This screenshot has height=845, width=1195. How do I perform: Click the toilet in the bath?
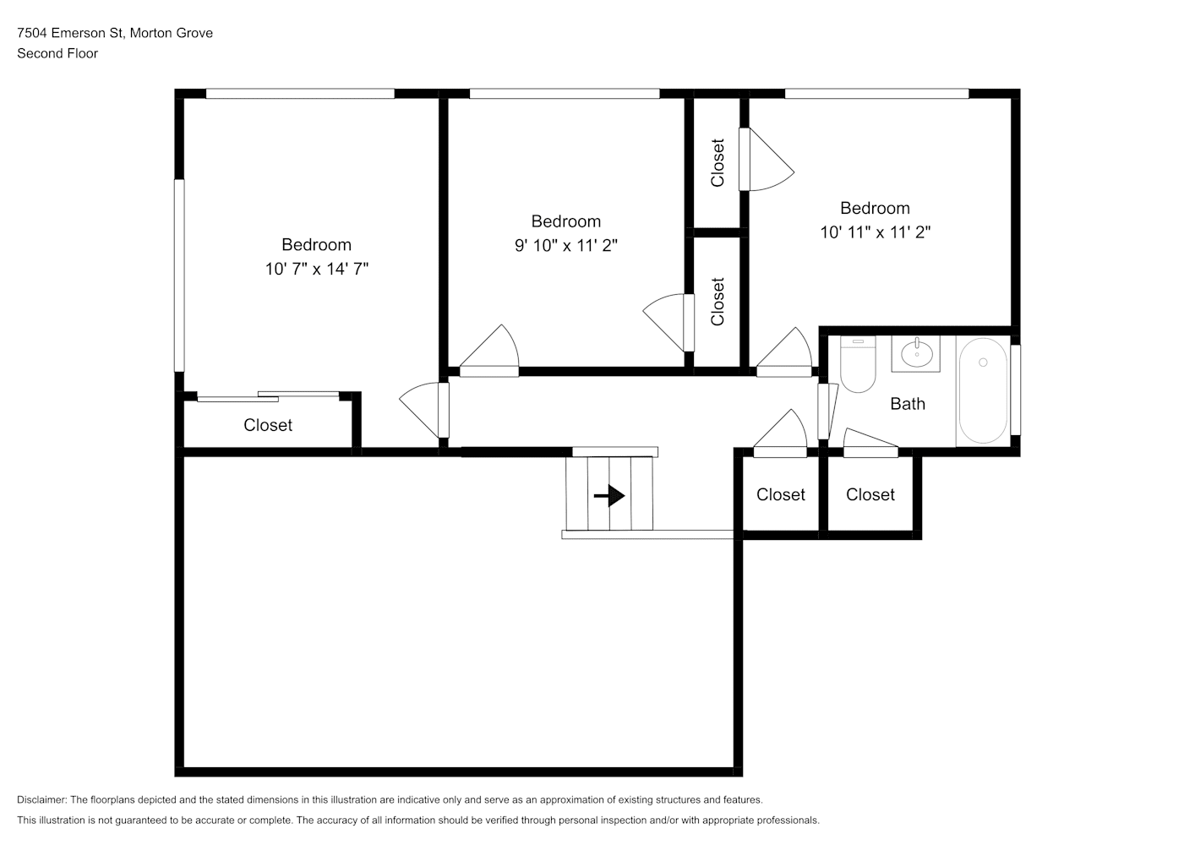[858, 364]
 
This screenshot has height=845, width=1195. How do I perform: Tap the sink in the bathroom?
[916, 353]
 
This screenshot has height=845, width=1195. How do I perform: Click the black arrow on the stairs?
[609, 495]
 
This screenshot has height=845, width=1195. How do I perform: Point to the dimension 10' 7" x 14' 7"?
[317, 269]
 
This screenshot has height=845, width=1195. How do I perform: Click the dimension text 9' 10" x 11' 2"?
[566, 245]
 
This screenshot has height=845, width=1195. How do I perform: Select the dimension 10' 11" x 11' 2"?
[876, 232]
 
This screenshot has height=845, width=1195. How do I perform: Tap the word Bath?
[908, 404]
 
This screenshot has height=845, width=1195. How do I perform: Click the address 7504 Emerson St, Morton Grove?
[115, 33]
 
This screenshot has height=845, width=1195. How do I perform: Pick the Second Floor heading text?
[57, 53]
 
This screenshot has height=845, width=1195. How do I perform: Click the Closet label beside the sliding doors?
[268, 425]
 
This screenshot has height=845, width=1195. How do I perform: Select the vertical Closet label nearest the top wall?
[718, 163]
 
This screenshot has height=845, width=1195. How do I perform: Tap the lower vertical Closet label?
[718, 302]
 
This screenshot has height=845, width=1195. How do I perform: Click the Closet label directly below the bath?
[870, 494]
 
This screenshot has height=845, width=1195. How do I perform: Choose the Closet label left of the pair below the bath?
[781, 494]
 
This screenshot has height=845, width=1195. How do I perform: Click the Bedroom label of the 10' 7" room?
[316, 244]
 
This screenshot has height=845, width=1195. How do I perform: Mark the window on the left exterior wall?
[179, 275]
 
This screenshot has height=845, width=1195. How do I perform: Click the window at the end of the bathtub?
[1016, 390]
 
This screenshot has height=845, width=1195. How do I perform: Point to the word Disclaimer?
[42, 799]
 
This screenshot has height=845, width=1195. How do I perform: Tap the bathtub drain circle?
[983, 363]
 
